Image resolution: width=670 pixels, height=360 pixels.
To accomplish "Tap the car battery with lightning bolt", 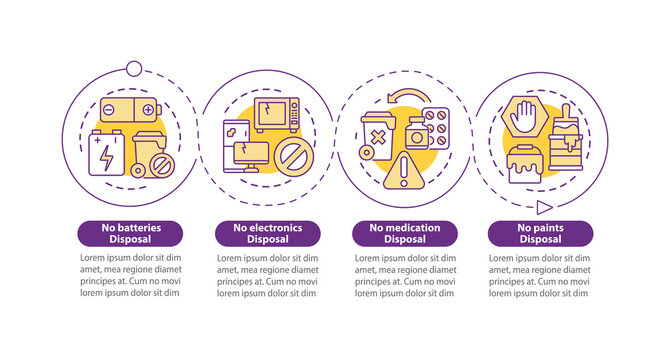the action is [x=106, y=152].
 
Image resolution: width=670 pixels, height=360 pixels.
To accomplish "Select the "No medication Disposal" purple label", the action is [x=404, y=233].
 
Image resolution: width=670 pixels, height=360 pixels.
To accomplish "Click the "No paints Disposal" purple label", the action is [x=541, y=233].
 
